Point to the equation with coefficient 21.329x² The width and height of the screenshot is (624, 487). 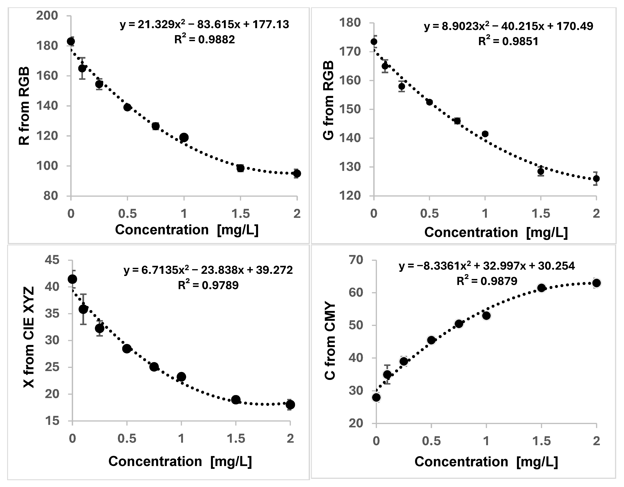coord(205,25)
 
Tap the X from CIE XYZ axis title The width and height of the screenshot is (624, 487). coord(29,337)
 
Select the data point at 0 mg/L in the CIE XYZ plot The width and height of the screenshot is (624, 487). coord(73,279)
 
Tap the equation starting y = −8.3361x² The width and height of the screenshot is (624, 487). coord(487,266)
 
